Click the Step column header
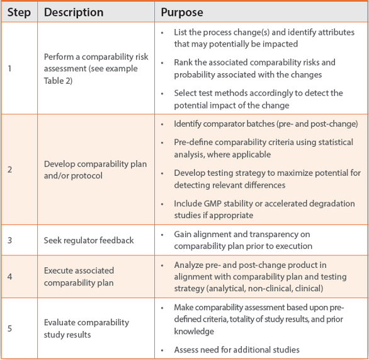click(x=19, y=12)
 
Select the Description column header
click(x=74, y=12)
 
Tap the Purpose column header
click(x=182, y=12)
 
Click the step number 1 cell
click(x=9, y=68)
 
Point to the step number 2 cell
click(x=9, y=170)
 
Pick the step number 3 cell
click(x=9, y=240)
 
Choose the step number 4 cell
click(x=9, y=276)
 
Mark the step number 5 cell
click(x=9, y=328)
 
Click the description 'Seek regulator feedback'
click(x=89, y=240)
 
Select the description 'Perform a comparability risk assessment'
click(x=96, y=62)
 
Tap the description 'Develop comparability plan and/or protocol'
click(x=95, y=170)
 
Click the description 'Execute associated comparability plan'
click(x=79, y=276)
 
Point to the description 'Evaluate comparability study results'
click(x=86, y=328)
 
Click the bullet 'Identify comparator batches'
click(x=266, y=124)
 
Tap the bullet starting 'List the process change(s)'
click(x=264, y=38)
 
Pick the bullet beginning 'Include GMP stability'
click(x=264, y=209)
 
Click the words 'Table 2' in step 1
click(x=57, y=80)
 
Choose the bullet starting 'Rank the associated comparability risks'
click(x=263, y=68)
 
